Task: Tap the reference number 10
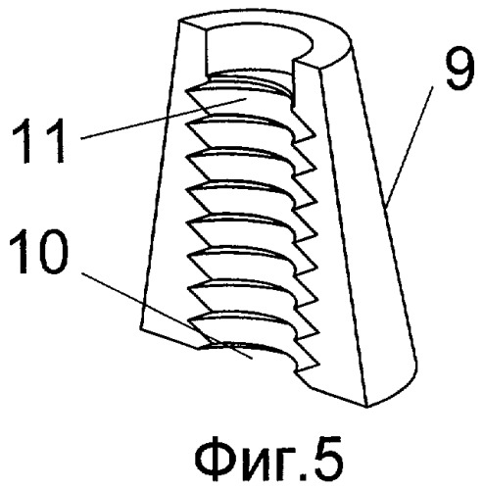(x=39, y=252)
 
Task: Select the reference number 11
(x=38, y=140)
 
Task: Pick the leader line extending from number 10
(x=167, y=315)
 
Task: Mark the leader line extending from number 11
(x=164, y=119)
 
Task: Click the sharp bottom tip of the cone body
(x=366, y=407)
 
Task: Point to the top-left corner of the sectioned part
(x=179, y=21)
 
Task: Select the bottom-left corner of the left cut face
(x=141, y=328)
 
